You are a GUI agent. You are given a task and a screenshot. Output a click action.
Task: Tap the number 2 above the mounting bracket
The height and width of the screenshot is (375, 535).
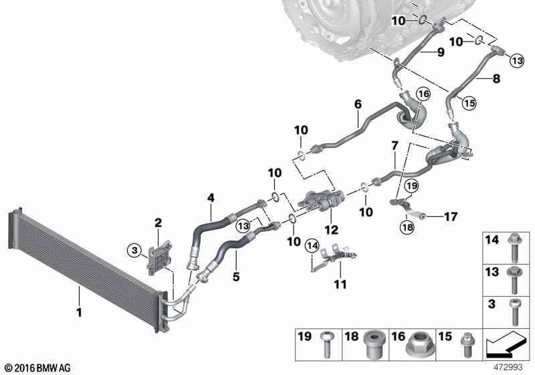click(x=158, y=222)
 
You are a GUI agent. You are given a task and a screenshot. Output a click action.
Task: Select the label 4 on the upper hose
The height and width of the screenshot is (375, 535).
click(x=211, y=198)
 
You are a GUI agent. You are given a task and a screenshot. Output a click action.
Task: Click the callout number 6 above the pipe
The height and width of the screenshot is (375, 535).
click(x=358, y=104)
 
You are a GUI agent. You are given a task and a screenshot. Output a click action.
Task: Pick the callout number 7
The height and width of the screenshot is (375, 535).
click(x=395, y=145)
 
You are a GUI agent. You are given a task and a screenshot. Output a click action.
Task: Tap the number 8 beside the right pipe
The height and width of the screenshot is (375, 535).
click(x=496, y=78)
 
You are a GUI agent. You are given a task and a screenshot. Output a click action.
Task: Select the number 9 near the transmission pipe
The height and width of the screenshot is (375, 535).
click(x=440, y=52)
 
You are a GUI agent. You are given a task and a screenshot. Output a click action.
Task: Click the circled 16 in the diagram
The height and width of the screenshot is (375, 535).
click(x=422, y=94)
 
